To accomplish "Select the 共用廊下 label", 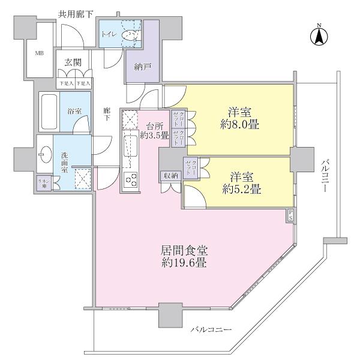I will click(x=76, y=14).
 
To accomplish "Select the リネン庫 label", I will click(x=43, y=184).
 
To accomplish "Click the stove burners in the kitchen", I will click(x=130, y=179).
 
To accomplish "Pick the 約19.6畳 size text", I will click(x=184, y=263).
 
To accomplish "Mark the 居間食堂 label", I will click(x=184, y=250).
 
